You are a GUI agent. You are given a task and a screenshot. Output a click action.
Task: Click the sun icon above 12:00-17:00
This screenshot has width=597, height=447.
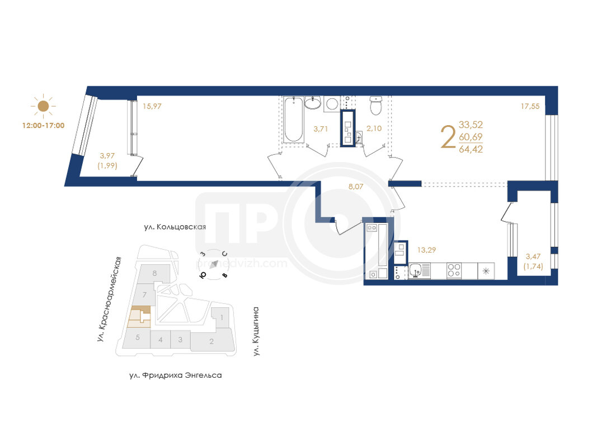pyautogui.click(x=43, y=106)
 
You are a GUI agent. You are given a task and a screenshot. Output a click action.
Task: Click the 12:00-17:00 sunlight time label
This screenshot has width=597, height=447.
pyautogui.click(x=44, y=125)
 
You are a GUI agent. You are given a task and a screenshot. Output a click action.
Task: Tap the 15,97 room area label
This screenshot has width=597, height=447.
pyautogui.click(x=152, y=106)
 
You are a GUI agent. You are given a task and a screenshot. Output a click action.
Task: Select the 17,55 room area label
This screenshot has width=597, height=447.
pyautogui.click(x=530, y=106)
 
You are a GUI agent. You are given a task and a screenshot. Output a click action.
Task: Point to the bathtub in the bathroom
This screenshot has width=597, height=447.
pyautogui.click(x=294, y=120)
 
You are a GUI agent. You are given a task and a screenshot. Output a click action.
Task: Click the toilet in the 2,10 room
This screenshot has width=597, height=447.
pyautogui.click(x=376, y=105)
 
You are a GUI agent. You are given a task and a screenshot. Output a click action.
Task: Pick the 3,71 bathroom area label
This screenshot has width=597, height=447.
pyautogui.click(x=321, y=129)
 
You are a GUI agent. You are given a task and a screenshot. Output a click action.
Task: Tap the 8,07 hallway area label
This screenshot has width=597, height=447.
pyautogui.click(x=356, y=187)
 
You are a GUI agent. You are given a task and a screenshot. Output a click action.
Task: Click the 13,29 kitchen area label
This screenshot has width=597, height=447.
pyautogui.click(x=426, y=250)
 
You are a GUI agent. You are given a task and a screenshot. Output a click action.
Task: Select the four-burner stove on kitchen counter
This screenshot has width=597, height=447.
pyautogui.click(x=454, y=271)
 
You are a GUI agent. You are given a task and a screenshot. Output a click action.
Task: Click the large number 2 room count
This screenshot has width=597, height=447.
pyautogui.click(x=448, y=137)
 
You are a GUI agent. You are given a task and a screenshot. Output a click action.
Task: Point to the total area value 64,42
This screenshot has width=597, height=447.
pyautogui.click(x=471, y=149)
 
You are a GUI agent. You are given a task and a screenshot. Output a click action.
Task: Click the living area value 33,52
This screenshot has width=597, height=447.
pyautogui.click(x=471, y=125)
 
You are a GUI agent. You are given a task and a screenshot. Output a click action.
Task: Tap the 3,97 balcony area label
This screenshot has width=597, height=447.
pyautogui.click(x=107, y=155)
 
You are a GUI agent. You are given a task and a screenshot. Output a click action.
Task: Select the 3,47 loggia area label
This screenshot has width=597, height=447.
pyautogui.click(x=533, y=256)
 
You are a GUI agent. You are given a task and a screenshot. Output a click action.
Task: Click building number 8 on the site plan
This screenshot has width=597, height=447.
pyautogui.click(x=154, y=273)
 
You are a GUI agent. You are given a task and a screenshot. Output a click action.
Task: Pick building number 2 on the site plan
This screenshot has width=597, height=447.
pyautogui.click(x=211, y=341)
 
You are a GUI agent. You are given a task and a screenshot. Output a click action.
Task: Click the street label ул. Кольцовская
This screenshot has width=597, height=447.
pyautogui.click(x=175, y=227)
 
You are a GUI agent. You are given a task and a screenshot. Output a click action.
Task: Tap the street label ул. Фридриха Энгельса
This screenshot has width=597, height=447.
pyautogui.click(x=176, y=375)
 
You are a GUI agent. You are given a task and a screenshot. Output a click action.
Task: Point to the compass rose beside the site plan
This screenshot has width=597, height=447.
pyautogui.click(x=214, y=264)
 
